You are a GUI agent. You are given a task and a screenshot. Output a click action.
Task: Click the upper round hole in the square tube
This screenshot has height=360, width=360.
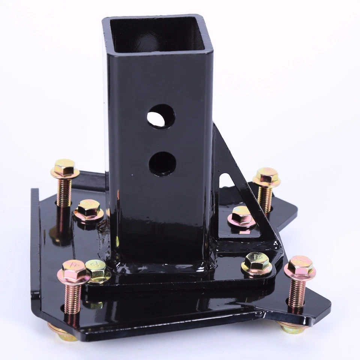161,116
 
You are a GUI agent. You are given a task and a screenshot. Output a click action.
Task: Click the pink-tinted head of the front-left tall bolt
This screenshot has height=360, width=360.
73,271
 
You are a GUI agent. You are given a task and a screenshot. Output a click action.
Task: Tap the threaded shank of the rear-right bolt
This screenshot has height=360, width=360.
265,199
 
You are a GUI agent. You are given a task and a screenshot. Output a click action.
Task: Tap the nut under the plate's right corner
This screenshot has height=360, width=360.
292,328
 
